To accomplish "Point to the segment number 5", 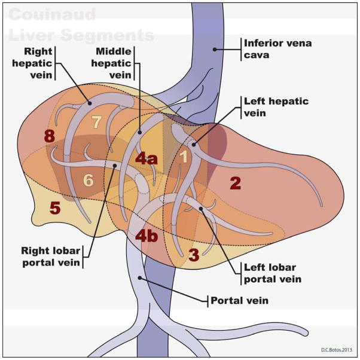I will click(54, 208).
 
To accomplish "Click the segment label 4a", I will click(147, 158).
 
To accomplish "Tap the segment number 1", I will click(185, 157).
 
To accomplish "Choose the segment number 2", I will click(235, 183).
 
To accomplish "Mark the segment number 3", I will click(193, 255).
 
